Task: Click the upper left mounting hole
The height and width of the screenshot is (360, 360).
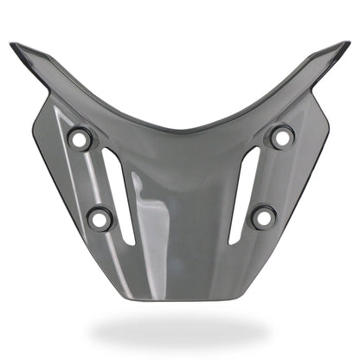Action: coord(80,138)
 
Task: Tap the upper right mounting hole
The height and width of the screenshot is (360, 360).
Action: coord(281,136)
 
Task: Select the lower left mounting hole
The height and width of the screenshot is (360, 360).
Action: coord(100,218)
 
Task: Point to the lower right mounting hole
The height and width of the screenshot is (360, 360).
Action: coord(264,216)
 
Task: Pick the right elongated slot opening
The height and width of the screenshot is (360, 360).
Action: coord(243,195)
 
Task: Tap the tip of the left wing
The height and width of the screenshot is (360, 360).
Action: coord(14,45)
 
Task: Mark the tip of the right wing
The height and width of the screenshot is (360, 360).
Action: coord(348,43)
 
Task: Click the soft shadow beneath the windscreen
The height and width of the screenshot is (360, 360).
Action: coord(179,331)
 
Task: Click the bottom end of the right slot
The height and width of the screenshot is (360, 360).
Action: coord(232,241)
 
